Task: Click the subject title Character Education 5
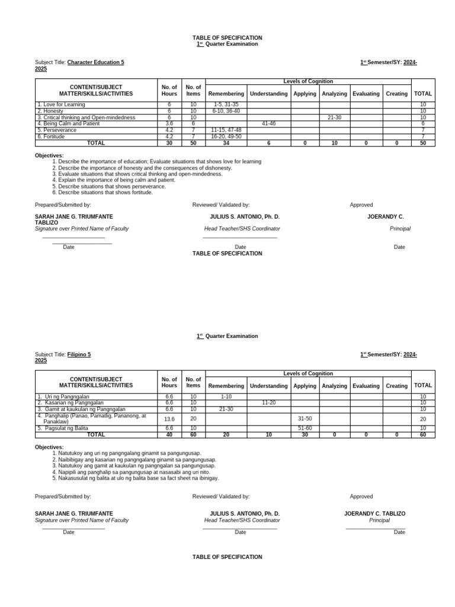(95, 62)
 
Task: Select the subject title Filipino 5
(79, 354)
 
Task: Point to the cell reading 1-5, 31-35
(226, 104)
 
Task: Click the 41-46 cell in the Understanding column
(268, 123)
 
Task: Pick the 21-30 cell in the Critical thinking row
(334, 117)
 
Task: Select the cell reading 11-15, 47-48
(226, 130)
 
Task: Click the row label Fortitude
(53, 136)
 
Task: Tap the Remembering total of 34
(226, 143)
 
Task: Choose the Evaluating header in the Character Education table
(366, 94)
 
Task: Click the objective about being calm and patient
(117, 180)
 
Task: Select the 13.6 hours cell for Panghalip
(169, 418)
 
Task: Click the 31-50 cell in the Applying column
(305, 418)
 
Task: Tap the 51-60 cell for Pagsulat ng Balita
(305, 428)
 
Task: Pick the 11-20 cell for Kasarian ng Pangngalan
(268, 402)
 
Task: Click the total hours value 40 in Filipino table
(169, 435)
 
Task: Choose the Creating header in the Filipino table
(396, 386)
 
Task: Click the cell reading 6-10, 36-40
(226, 111)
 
